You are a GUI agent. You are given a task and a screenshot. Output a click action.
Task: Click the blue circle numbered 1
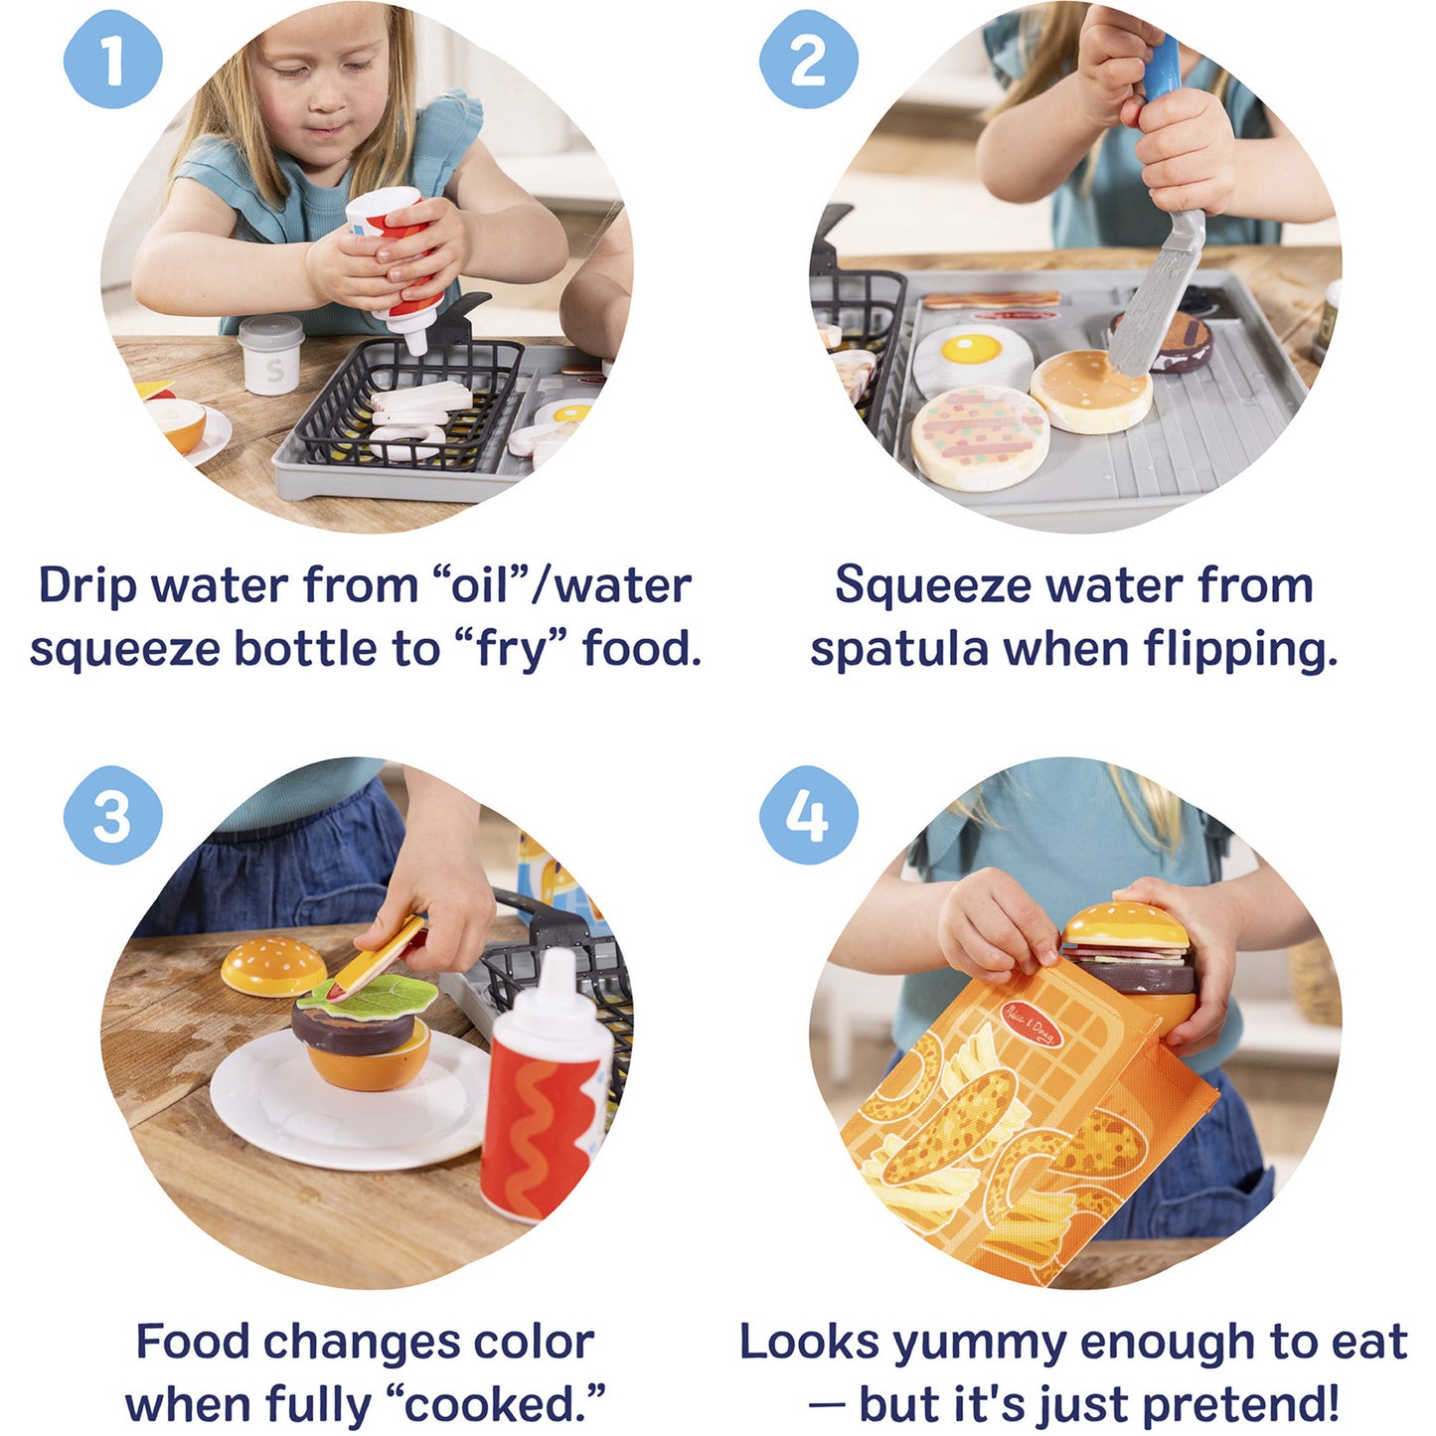pyautogui.click(x=112, y=60)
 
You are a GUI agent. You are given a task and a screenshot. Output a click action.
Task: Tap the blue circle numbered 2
pyautogui.click(x=807, y=60)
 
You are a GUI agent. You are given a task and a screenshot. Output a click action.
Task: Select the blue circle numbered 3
pyautogui.click(x=112, y=815)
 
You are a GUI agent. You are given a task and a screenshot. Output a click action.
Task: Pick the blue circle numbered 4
pyautogui.click(x=807, y=815)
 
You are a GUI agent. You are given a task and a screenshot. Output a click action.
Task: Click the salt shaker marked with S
pyautogui.click(x=271, y=356)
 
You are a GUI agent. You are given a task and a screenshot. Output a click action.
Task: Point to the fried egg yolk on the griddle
pyautogui.click(x=971, y=348)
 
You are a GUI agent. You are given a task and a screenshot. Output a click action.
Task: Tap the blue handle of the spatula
pyautogui.click(x=1162, y=68)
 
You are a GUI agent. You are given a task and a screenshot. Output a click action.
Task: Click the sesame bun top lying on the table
pyautogui.click(x=272, y=965)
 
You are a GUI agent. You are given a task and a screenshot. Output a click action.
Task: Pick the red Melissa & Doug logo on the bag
pyautogui.click(x=1032, y=1025)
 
